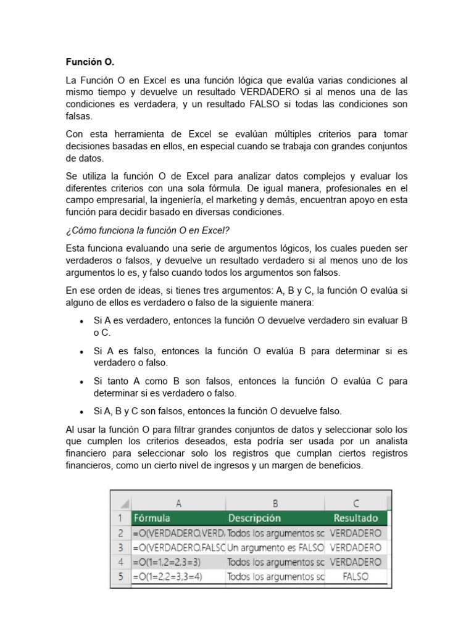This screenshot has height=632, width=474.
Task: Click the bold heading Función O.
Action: pos(90,62)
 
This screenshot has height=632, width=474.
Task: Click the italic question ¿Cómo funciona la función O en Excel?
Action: pos(148,230)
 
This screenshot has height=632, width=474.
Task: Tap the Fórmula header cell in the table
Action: pos(152,518)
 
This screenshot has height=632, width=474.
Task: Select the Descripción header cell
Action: pos(254,518)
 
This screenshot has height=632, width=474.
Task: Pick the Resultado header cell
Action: pos(355,518)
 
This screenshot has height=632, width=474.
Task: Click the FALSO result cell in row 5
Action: pos(355,576)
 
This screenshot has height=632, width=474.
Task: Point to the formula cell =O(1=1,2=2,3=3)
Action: pos(168,562)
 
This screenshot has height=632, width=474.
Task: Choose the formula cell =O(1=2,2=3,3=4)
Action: pos(168,576)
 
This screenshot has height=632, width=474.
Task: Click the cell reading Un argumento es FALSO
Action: pos(275,547)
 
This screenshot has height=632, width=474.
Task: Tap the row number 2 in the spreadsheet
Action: pos(121,532)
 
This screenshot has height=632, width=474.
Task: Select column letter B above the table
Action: pos(275,503)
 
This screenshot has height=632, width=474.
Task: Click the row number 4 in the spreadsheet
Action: pos(121,562)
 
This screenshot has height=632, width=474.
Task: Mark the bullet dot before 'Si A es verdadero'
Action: pos(83,322)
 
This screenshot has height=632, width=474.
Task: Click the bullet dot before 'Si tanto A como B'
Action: pos(83,381)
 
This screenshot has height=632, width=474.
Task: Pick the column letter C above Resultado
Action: pos(355,503)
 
